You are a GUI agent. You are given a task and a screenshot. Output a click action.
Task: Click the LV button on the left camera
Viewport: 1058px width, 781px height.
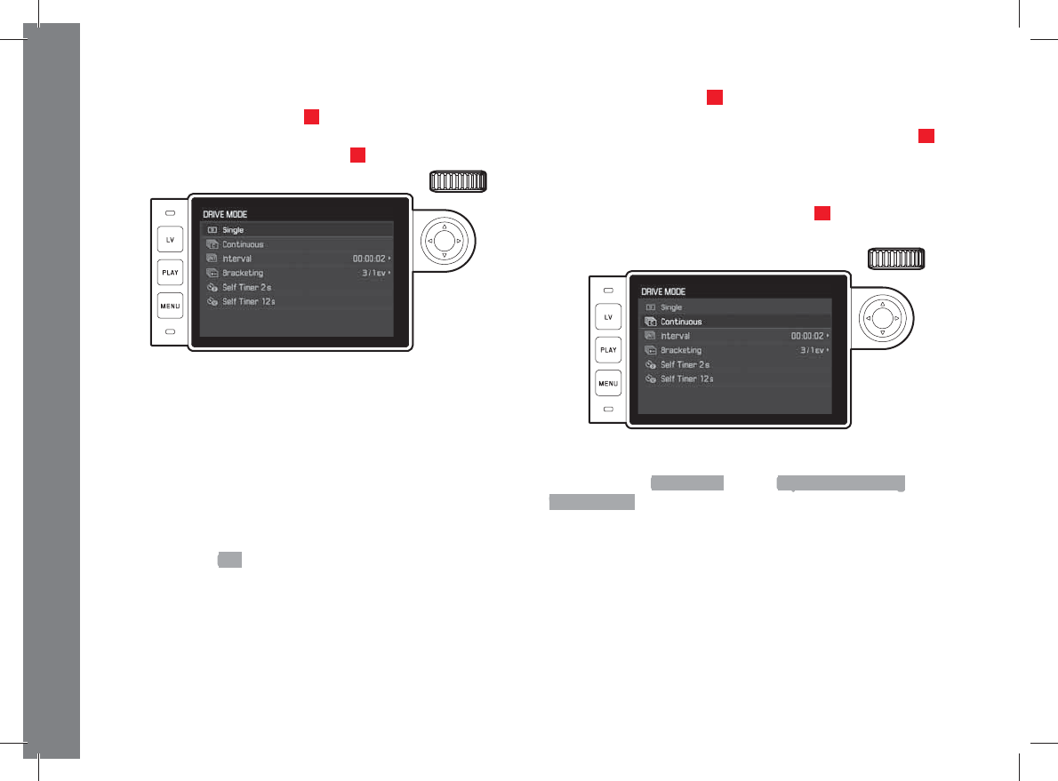tap(170, 240)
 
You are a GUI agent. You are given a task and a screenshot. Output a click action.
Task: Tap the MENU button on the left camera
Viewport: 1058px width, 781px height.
tap(170, 306)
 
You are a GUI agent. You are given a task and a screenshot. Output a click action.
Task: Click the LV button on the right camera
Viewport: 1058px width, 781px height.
tap(608, 317)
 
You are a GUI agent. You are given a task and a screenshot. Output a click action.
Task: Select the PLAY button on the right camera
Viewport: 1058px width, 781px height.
tap(608, 350)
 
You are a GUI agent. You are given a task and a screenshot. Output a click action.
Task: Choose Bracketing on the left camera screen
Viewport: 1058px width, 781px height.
tap(243, 273)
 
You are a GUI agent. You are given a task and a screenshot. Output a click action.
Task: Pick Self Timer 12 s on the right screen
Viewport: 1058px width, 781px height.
tap(686, 379)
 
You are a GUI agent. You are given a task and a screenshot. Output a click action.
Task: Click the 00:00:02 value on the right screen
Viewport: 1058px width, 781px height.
tap(808, 336)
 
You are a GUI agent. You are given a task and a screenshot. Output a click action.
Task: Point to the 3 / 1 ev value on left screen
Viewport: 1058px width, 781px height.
tap(373, 273)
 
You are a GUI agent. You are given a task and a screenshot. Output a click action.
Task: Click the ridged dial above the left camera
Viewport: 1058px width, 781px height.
tap(458, 181)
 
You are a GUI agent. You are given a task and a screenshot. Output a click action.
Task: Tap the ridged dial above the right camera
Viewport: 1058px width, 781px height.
tap(897, 259)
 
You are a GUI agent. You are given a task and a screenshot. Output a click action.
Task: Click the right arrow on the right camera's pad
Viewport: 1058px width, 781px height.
tap(898, 317)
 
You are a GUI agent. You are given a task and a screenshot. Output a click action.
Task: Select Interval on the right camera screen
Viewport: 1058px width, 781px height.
tap(675, 336)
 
